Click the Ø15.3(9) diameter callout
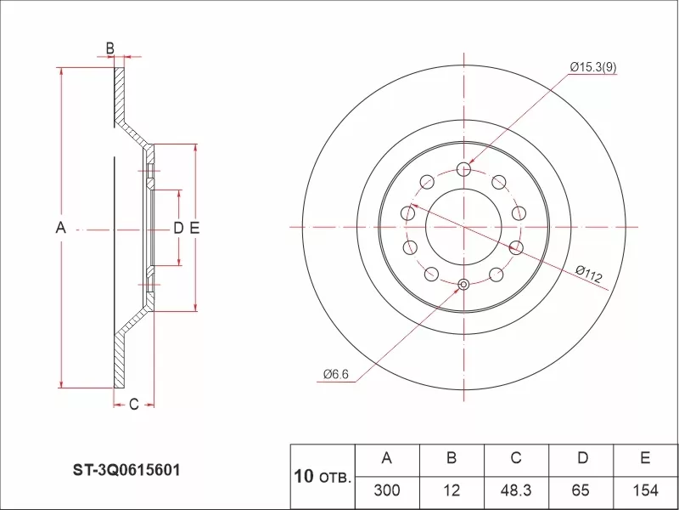(x=593, y=66)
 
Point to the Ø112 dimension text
(x=588, y=275)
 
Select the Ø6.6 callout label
(x=336, y=373)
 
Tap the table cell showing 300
(x=386, y=491)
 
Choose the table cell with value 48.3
(x=515, y=491)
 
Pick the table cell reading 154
(x=645, y=491)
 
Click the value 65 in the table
(x=581, y=491)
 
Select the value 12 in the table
(x=452, y=491)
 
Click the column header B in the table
(x=452, y=459)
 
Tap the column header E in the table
(x=645, y=459)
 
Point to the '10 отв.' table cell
(x=322, y=476)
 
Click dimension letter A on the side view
(x=60, y=228)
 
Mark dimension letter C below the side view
(x=133, y=405)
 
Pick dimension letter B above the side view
(x=110, y=48)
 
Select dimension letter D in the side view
(x=178, y=228)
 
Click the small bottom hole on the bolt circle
(x=463, y=285)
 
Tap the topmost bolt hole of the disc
(x=463, y=169)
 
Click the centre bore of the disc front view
(x=463, y=227)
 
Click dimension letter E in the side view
(x=194, y=228)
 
